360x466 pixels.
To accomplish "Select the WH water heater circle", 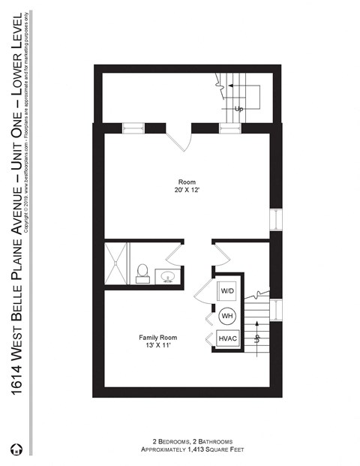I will pyautogui.click(x=227, y=315).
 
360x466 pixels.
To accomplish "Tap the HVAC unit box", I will pyautogui.click(x=228, y=339).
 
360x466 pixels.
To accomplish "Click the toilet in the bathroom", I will pyautogui.click(x=142, y=273).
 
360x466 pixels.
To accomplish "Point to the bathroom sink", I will pyautogui.click(x=168, y=278).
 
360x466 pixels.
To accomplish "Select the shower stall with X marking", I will pyautogui.click(x=116, y=264).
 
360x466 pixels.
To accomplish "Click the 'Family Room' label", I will pyautogui.click(x=157, y=337).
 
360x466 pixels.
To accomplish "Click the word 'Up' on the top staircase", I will pyautogui.click(x=239, y=109).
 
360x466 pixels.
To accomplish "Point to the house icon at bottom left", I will pyautogui.click(x=16, y=449).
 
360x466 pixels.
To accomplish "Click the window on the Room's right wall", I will pyautogui.click(x=276, y=220).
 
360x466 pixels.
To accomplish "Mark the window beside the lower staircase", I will pyautogui.click(x=276, y=309).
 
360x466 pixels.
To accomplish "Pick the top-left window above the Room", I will pyautogui.click(x=133, y=128).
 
